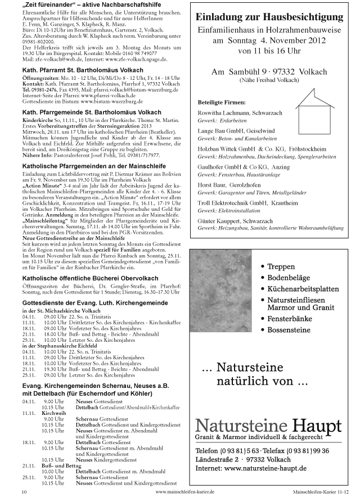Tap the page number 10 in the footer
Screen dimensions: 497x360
click(x=24, y=491)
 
